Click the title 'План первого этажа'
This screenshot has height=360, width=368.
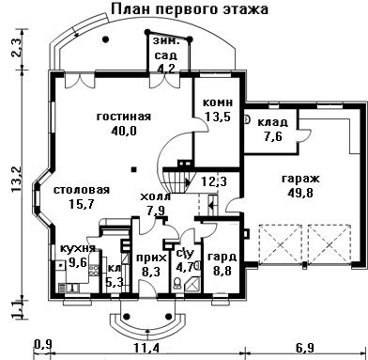tap(190, 8)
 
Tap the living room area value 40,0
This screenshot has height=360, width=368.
tap(124, 131)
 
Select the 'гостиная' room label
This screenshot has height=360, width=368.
tap(124, 117)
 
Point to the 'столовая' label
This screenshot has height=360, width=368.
tap(82, 190)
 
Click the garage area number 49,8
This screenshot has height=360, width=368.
tap(300, 193)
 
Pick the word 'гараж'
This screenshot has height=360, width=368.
tap(300, 180)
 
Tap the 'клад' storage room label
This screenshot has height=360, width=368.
tap(272, 122)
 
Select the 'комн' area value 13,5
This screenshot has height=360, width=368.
tap(218, 117)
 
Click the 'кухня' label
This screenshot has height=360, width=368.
tap(78, 248)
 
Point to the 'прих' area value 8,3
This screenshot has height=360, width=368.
tap(151, 272)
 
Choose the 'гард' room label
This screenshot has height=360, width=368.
tap(222, 258)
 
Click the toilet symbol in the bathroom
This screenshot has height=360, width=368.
tap(176, 283)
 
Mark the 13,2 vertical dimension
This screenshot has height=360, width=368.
tap(16, 180)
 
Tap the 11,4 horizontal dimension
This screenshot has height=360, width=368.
tap(146, 348)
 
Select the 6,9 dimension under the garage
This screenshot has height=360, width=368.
tap(305, 348)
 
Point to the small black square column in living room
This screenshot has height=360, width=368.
tap(134, 169)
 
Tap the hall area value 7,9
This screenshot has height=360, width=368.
tap(157, 211)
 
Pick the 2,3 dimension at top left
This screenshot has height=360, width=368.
tap(16, 48)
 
